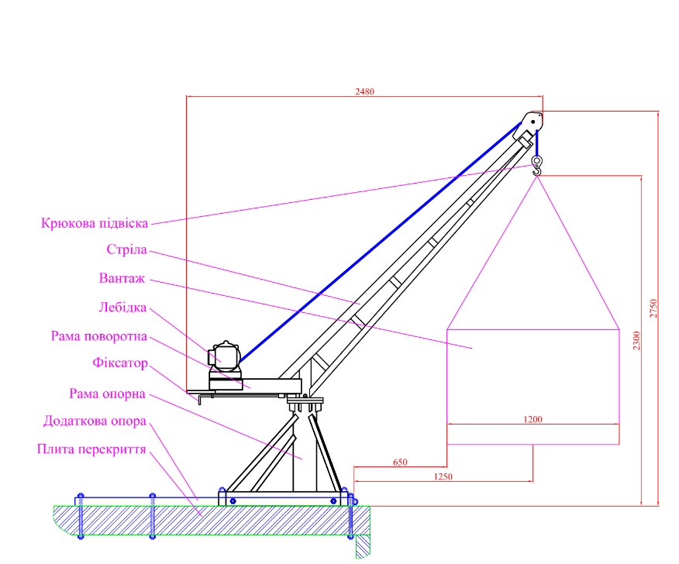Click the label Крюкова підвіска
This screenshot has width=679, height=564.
(95, 223)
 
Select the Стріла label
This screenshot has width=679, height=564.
(127, 249)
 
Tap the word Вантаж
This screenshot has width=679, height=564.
(122, 278)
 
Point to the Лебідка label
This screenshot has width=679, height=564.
(122, 308)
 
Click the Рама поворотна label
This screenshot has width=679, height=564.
(99, 336)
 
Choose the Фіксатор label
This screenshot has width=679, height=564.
(120, 363)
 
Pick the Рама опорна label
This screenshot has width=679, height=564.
(107, 394)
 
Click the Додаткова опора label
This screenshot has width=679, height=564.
(95, 421)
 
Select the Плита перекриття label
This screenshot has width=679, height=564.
(91, 449)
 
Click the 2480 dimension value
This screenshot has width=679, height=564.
(364, 91)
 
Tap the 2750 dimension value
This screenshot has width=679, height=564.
(653, 308)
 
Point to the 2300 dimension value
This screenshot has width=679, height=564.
(636, 341)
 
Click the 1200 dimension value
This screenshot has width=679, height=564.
(533, 419)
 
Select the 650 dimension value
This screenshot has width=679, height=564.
(400, 463)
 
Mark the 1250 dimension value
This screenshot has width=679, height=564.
(443, 476)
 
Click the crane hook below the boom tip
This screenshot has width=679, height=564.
(537, 166)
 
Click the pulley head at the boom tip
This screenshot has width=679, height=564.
(529, 125)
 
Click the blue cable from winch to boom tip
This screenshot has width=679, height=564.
(381, 242)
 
